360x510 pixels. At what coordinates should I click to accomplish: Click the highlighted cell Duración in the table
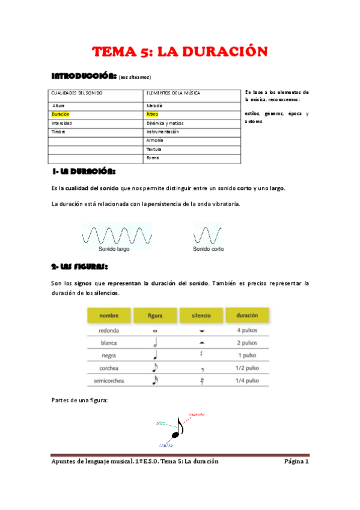click(x=61, y=114)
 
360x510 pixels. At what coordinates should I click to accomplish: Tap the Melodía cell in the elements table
click(x=155, y=105)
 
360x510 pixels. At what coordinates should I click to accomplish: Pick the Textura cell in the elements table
click(x=155, y=149)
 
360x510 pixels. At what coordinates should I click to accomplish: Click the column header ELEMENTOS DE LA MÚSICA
click(x=174, y=93)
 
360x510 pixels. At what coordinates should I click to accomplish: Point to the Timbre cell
click(x=59, y=131)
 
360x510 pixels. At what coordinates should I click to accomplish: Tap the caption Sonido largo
click(x=116, y=248)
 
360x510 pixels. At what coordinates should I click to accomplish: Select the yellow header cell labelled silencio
click(x=201, y=315)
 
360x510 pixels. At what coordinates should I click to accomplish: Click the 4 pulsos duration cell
click(x=247, y=330)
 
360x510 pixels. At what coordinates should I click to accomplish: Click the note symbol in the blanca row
click(x=156, y=343)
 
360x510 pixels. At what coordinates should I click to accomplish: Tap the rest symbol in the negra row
click(x=201, y=355)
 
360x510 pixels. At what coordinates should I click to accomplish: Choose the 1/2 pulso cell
click(x=247, y=368)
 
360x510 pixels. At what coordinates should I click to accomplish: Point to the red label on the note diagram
click(x=197, y=415)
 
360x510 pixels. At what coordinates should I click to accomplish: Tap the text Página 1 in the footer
click(x=296, y=462)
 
